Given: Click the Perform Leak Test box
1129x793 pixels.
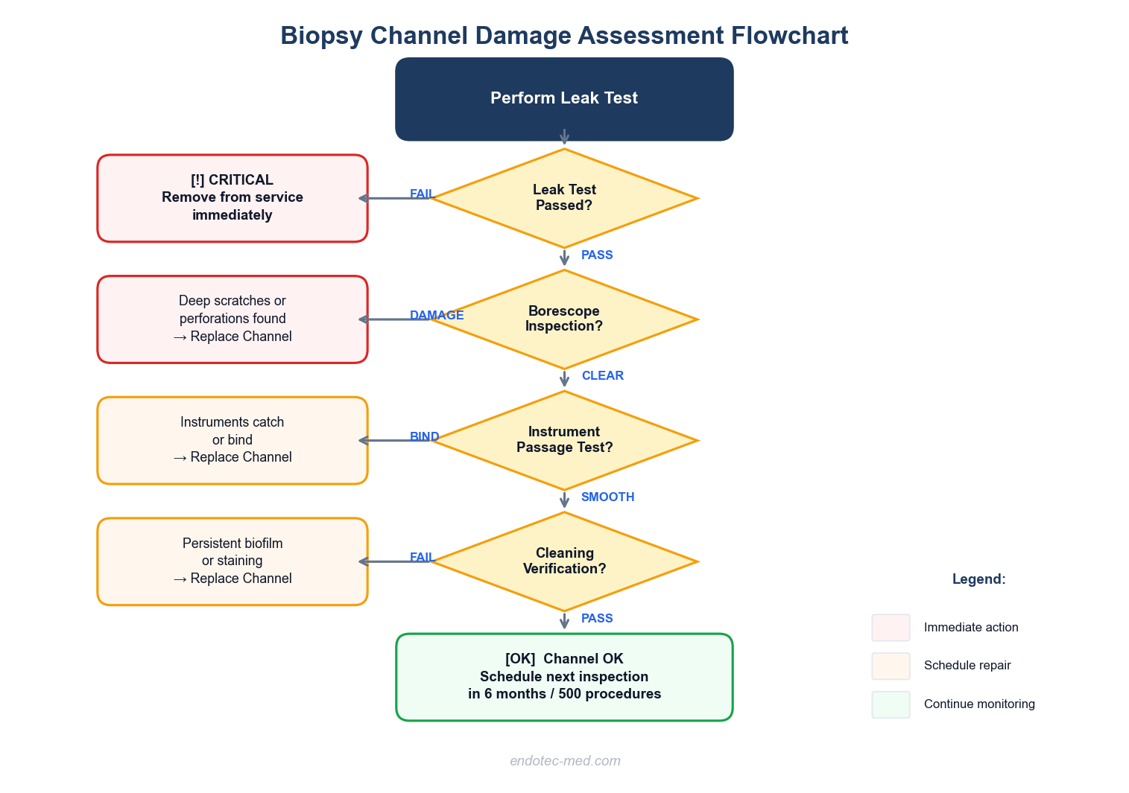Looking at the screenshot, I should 564,98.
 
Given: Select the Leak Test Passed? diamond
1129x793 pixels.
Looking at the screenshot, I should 564,198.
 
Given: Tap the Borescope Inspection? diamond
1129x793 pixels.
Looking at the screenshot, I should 564,319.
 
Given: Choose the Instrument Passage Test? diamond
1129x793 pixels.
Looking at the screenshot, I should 564,440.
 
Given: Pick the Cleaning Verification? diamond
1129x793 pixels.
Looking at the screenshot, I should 564,561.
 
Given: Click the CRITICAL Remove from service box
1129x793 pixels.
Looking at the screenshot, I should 233,198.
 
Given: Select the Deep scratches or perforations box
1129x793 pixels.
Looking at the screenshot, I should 233,319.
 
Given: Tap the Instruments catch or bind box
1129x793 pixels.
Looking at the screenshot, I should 233,440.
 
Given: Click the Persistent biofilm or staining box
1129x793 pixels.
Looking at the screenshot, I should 233,561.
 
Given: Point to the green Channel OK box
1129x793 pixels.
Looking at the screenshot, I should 564,677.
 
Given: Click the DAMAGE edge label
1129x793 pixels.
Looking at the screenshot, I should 437,316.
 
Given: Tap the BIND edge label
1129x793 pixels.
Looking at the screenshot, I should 424,437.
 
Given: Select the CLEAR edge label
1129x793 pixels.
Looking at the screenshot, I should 602,376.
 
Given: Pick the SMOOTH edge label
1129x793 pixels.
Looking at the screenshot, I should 607,497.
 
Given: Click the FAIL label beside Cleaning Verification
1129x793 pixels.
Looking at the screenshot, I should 422,558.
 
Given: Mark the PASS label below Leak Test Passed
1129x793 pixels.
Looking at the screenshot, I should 597,255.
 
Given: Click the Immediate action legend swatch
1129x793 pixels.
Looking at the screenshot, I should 891,628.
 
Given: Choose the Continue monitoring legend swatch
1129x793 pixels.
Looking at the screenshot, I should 891,704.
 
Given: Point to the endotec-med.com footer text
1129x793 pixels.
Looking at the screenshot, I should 565,761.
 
